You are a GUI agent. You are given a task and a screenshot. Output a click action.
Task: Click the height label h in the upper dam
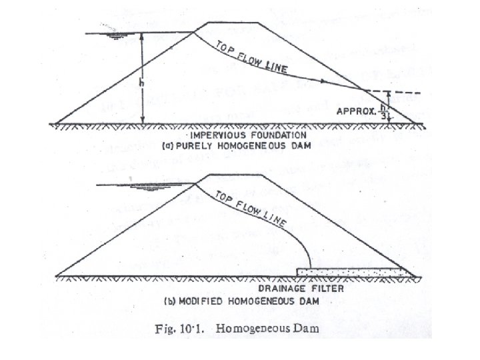[141, 83]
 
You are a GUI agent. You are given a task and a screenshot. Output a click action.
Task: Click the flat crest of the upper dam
[232, 23]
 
